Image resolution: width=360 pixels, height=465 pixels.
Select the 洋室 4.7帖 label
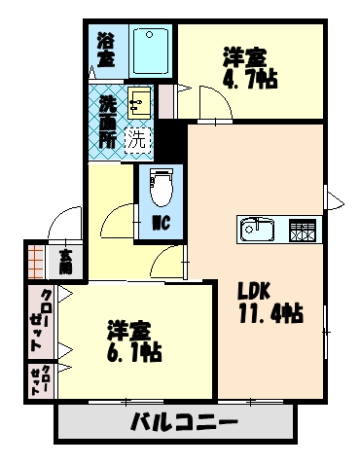(249, 68)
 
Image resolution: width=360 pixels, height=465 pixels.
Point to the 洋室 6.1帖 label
(133, 340)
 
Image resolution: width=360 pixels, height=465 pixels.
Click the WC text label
(162, 222)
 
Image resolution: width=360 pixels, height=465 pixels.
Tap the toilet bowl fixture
(162, 184)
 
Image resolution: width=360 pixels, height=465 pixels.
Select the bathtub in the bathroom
(150, 50)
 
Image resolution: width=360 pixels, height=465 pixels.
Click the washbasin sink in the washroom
(140, 100)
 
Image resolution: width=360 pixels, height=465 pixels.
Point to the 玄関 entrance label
(65, 260)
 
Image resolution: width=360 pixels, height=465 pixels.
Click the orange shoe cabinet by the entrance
(37, 260)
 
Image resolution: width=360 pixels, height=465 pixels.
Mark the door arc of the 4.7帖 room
(212, 102)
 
